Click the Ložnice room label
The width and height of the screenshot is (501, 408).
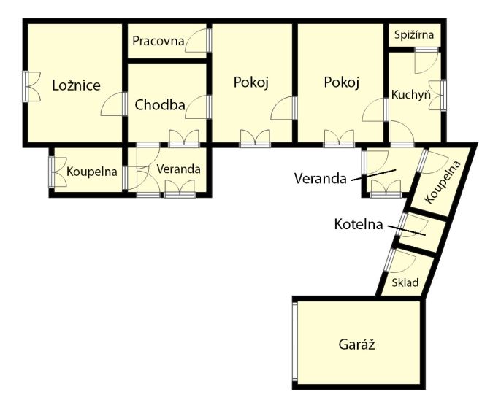click(x=77, y=85)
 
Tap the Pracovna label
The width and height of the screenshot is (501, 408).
click(x=158, y=41)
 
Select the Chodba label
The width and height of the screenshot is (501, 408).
click(x=160, y=104)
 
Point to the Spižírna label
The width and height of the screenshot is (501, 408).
click(x=414, y=34)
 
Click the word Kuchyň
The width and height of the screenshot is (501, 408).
click(x=411, y=94)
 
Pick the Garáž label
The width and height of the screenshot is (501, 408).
click(x=356, y=345)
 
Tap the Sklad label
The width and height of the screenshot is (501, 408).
click(x=405, y=282)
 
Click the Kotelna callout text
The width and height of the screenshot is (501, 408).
click(x=359, y=224)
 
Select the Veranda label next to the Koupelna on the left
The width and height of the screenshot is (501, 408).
click(x=179, y=169)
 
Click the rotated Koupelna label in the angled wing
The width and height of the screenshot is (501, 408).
click(x=443, y=182)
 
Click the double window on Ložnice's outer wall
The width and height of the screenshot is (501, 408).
click(x=31, y=87)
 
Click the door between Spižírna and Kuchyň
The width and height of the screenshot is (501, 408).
click(x=427, y=61)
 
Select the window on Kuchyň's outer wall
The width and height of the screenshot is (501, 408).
click(x=437, y=95)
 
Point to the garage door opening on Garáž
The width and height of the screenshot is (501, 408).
click(x=295, y=342)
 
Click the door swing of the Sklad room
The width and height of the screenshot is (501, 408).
click(x=402, y=261)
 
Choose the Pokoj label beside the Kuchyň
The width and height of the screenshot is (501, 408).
click(x=342, y=82)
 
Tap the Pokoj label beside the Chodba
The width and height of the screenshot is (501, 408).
click(x=250, y=82)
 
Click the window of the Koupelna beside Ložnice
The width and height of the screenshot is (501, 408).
click(x=58, y=172)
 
